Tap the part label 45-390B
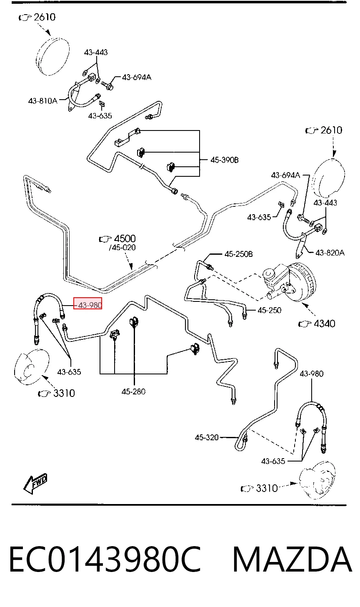225,160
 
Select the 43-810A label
43,101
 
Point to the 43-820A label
330,253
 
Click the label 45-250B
238,254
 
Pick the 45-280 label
134,391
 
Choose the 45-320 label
207,437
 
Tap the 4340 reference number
325,323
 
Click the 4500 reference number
125,238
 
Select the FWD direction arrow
35,484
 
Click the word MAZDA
292,559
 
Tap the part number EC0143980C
105,559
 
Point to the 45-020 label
123,247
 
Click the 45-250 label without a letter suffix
269,310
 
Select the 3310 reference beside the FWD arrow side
64,393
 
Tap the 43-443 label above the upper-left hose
95,52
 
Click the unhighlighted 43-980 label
312,374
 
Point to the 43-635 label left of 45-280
69,372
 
